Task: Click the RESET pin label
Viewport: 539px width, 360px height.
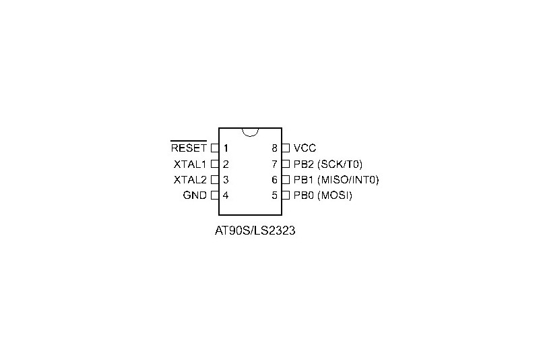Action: tap(189, 148)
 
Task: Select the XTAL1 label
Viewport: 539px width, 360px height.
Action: tap(190, 164)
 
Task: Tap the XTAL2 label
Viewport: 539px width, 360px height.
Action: tap(190, 180)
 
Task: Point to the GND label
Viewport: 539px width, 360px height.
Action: tap(195, 196)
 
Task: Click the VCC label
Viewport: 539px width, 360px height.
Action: tap(305, 148)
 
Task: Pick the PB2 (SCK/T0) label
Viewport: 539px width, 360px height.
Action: tap(328, 164)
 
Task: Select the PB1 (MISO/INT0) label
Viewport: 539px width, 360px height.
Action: tap(336, 180)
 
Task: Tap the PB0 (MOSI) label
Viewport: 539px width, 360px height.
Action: tap(323, 196)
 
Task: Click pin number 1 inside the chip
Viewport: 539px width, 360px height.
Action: tap(226, 148)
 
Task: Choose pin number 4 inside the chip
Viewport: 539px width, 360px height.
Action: tap(226, 196)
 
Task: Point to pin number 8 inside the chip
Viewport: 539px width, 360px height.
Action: tap(274, 148)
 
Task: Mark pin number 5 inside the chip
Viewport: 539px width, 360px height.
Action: tap(274, 196)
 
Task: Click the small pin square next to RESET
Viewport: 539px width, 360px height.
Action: tap(215, 148)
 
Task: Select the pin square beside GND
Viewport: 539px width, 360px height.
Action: tap(215, 196)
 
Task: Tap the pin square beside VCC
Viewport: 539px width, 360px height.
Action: tap(286, 148)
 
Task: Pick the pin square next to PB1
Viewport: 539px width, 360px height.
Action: tap(286, 180)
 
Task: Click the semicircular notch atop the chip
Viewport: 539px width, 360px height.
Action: tap(250, 136)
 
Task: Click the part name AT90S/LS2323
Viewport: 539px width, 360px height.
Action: tap(255, 231)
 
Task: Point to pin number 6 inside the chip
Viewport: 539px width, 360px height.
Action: tap(274, 180)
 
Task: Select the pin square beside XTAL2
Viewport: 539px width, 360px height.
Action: tap(215, 180)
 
